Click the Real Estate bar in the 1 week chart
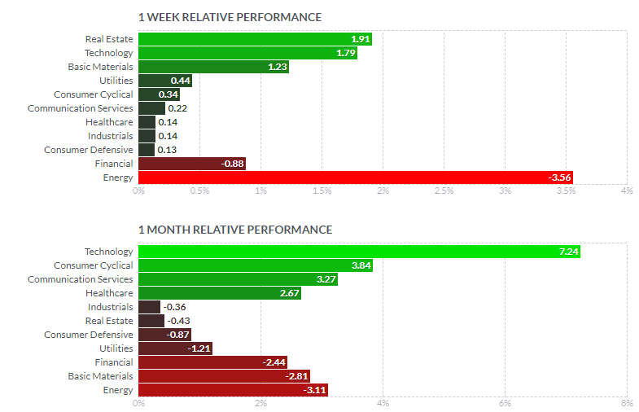pyautogui.click(x=244, y=39)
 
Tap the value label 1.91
pyautogui.click(x=360, y=39)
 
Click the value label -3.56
pyautogui.click(x=559, y=178)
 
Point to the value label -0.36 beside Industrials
pyautogui.click(x=174, y=307)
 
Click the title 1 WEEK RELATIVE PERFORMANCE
pyautogui.click(x=230, y=17)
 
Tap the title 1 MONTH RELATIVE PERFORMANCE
pyautogui.click(x=235, y=230)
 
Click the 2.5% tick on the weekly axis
pyautogui.click(x=444, y=191)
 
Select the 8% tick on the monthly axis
pyautogui.click(x=626, y=403)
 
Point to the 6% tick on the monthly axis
pyautogui.click(x=505, y=403)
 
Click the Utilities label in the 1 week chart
pyautogui.click(x=116, y=81)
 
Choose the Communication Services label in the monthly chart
pyautogui.click(x=80, y=279)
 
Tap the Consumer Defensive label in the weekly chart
pyautogui.click(x=88, y=150)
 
